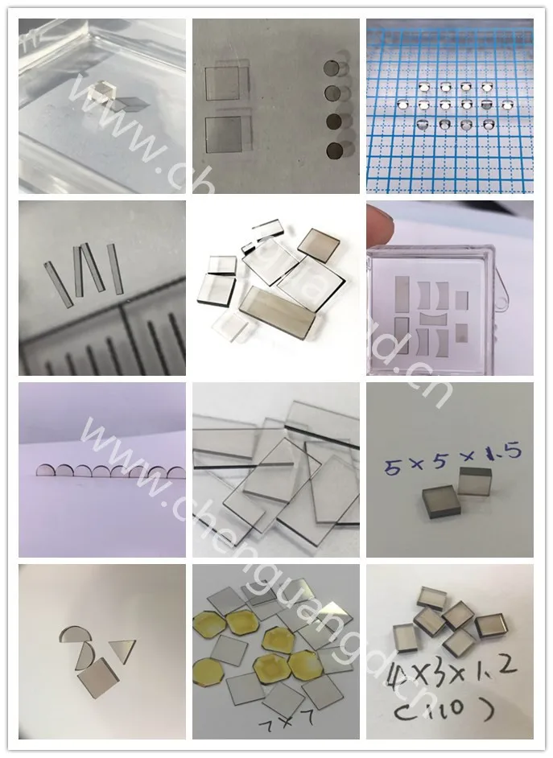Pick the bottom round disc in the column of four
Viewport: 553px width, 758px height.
332,150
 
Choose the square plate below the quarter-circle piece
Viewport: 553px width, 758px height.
97,678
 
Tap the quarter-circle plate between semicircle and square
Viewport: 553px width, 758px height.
85,656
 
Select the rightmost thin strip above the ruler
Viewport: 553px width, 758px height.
114,268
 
